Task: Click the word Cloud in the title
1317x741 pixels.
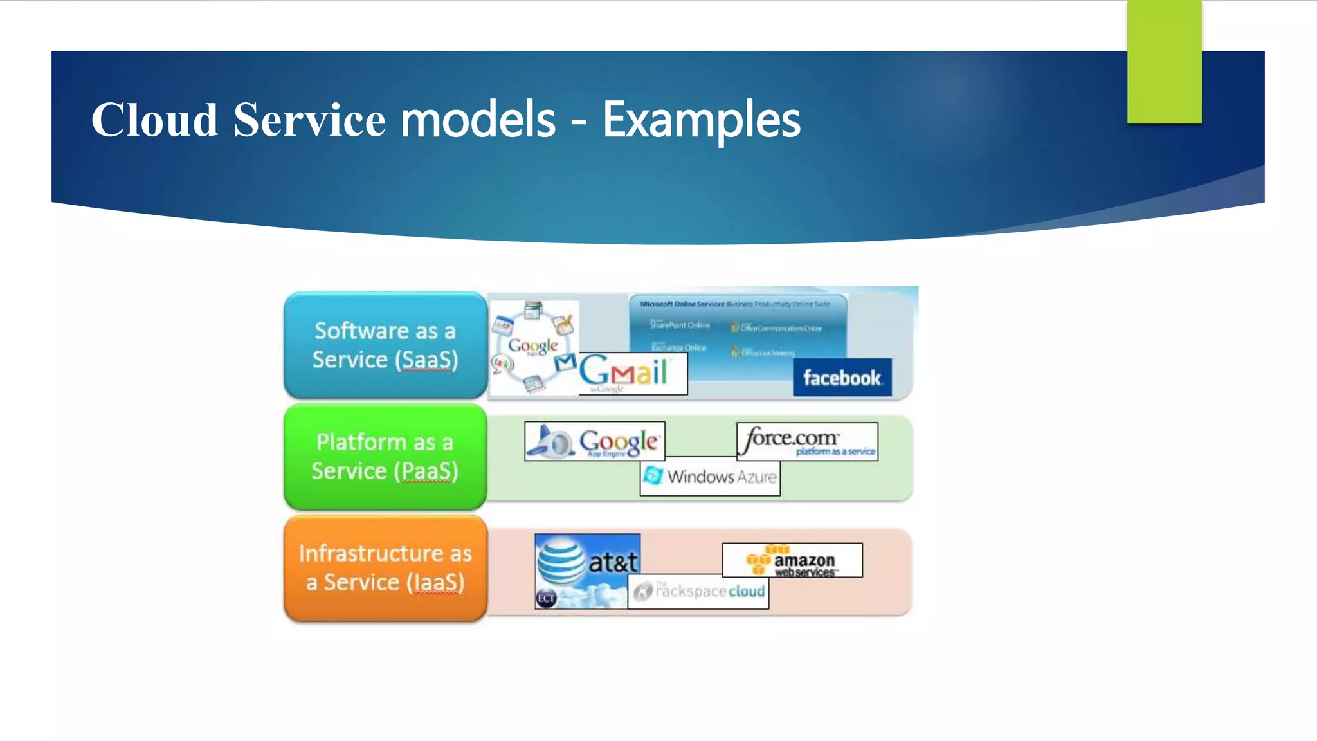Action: point(154,120)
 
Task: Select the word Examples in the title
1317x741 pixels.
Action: point(701,120)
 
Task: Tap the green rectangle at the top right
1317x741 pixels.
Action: point(1164,61)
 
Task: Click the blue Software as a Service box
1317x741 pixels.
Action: point(385,345)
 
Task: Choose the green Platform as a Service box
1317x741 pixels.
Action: point(385,457)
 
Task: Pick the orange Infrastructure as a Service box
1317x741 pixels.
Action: point(385,568)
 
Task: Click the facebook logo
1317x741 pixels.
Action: point(842,378)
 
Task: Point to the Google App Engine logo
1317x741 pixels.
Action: point(595,441)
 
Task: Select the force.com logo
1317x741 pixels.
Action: point(807,441)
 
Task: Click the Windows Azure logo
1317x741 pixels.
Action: point(710,477)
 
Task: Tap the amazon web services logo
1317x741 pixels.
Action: point(792,560)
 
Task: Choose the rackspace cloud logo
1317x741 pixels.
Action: point(698,591)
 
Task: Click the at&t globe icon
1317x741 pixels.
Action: point(559,561)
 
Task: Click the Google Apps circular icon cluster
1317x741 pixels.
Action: point(532,347)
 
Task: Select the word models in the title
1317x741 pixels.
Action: point(477,120)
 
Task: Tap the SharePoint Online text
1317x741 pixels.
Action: point(680,325)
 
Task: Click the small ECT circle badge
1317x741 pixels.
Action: point(546,599)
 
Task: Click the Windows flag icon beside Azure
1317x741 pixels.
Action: point(653,476)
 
